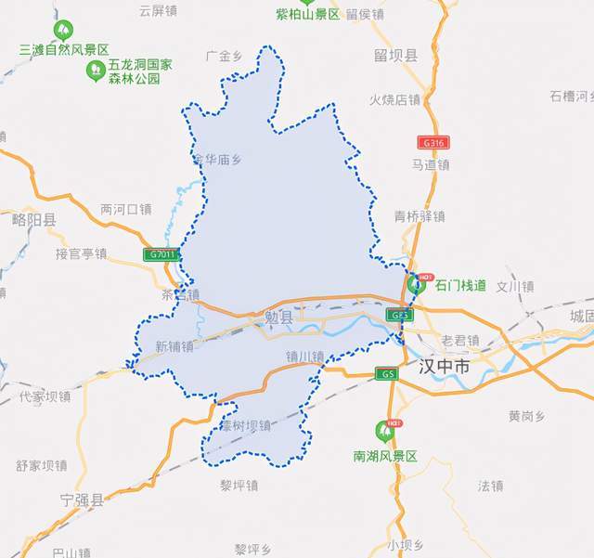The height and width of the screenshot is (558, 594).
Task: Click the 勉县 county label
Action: [278, 318]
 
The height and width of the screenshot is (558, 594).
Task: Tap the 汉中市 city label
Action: [444, 367]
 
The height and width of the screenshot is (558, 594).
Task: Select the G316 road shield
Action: [434, 143]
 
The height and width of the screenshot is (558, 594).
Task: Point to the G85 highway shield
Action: [400, 316]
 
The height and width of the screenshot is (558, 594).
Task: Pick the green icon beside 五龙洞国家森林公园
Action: [94, 70]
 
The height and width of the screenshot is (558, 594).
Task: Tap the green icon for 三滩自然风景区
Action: [62, 31]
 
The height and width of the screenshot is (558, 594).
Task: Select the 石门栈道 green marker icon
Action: [420, 283]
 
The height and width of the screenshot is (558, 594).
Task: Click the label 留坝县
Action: [396, 56]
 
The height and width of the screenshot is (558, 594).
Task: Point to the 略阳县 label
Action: [34, 220]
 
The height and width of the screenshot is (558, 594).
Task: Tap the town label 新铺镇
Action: [174, 346]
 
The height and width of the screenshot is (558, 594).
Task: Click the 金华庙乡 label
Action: [216, 159]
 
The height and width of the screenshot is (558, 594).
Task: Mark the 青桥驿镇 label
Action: [420, 215]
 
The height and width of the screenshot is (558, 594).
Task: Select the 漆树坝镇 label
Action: [246, 426]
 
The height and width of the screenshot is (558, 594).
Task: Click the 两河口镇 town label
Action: [125, 209]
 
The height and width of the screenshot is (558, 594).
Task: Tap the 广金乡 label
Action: [224, 56]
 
